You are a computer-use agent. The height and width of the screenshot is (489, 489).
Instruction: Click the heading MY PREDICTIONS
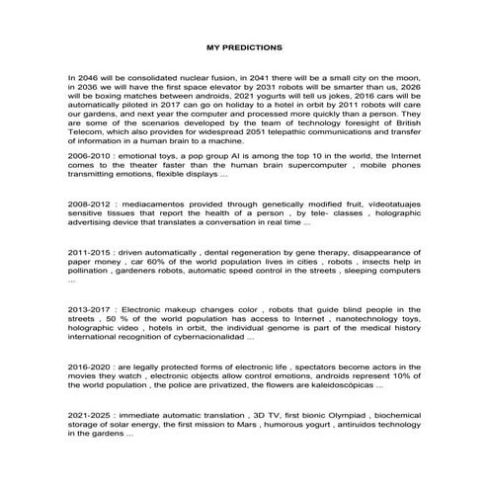(x=244, y=46)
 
